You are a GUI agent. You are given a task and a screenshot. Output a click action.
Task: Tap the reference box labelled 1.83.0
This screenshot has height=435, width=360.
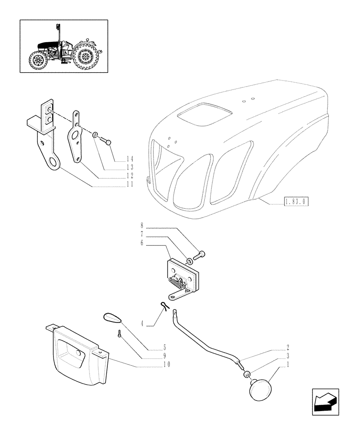pyautogui.click(x=296, y=201)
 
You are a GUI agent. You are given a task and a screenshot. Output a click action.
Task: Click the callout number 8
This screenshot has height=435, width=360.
pyautogui.click(x=141, y=225)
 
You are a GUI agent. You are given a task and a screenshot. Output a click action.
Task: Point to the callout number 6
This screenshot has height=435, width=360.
pyautogui.click(x=141, y=243)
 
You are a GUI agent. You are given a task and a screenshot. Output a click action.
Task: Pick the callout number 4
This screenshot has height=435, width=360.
pyautogui.click(x=142, y=324)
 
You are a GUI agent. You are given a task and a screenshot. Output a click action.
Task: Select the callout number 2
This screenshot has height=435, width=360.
pyautogui.click(x=287, y=348)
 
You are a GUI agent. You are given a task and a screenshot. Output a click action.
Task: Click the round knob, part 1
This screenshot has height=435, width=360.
pyautogui.click(x=259, y=388)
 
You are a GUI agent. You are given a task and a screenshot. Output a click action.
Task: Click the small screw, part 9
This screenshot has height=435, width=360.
pyautogui.click(x=118, y=334)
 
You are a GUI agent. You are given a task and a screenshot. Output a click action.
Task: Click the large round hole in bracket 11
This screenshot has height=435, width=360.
pyautogui.click(x=54, y=163)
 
